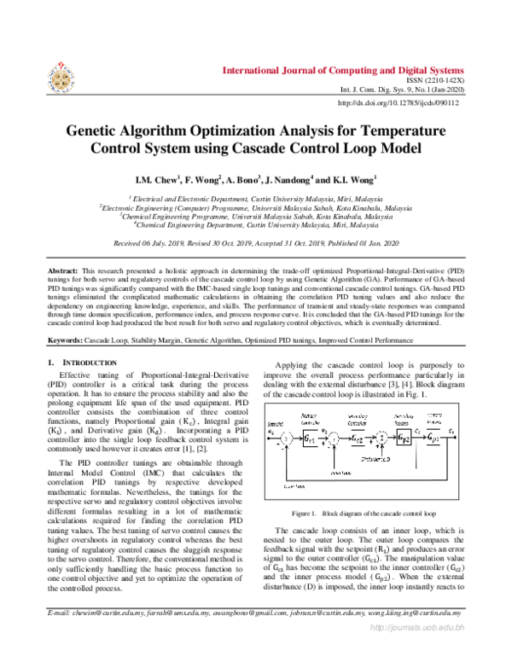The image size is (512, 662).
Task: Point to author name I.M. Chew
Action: point(155,180)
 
